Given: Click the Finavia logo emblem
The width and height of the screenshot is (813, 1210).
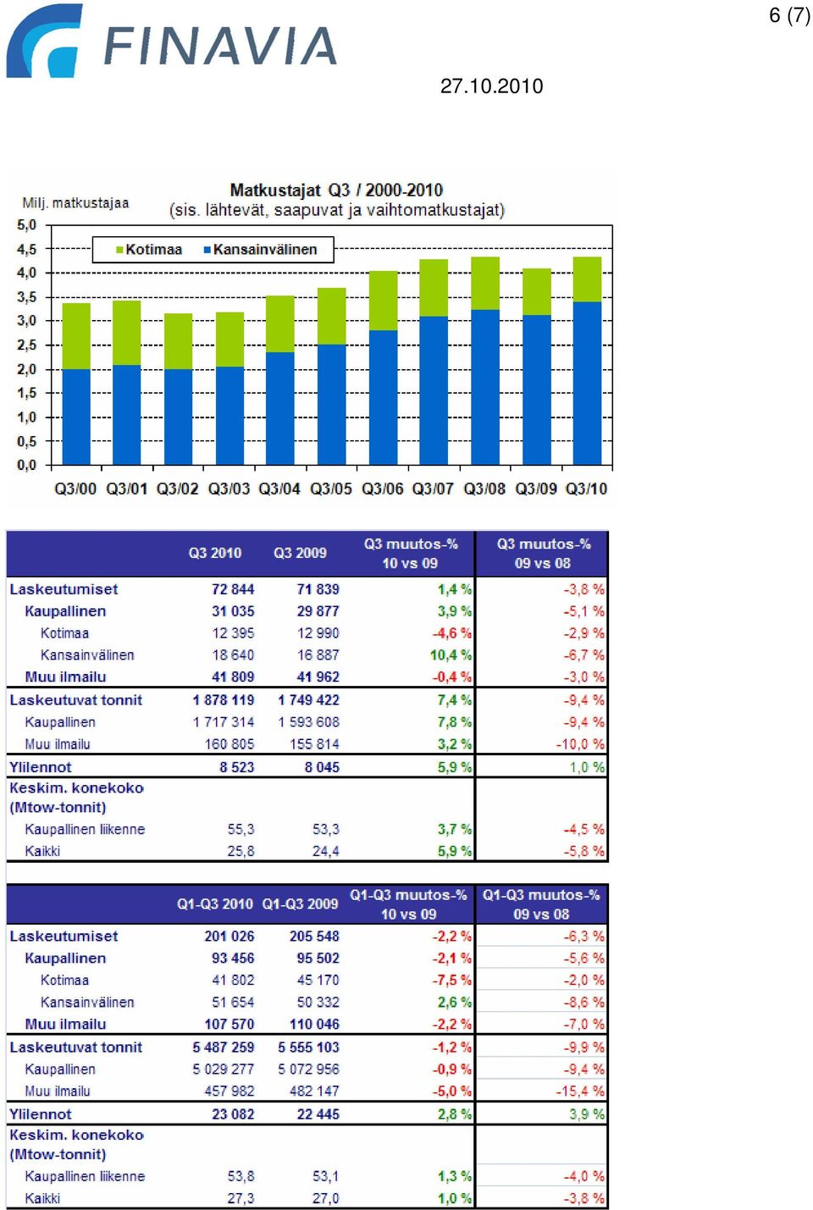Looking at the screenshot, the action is point(43,41).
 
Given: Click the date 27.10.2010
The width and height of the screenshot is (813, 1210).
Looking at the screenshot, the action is point(491,86).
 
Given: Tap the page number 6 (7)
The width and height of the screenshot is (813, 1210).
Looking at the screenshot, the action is point(789,15).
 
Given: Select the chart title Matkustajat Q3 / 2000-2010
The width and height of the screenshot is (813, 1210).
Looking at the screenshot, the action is point(336,191).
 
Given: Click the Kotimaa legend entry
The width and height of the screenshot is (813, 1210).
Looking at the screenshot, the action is point(149,250).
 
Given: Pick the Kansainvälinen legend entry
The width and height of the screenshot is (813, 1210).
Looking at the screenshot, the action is point(260,250).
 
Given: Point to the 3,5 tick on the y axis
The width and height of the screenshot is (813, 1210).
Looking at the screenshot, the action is point(26,297).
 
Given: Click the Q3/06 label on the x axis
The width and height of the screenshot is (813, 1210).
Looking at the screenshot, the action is point(382,489).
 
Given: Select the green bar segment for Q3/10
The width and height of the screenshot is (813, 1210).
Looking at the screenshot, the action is point(587,279).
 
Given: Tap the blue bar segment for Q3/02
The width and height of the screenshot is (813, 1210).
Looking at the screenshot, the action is point(178,417).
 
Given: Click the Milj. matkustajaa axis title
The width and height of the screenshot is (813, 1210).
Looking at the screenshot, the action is point(75,203).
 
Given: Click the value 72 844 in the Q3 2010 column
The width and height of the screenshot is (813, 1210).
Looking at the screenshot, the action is point(233,588).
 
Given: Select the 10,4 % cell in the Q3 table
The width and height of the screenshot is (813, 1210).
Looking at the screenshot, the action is point(451,655).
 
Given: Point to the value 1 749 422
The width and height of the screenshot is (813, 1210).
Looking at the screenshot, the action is point(308,700).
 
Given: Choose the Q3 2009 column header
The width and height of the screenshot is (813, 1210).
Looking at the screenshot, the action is point(300,553).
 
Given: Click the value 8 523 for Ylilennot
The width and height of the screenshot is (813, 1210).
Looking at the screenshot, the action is point(236,767).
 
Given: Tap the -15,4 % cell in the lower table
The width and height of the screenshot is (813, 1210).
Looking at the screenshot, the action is point(579,1091).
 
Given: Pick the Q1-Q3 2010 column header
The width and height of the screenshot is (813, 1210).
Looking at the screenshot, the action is point(215,904).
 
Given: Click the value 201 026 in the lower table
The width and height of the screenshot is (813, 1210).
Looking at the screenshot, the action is point(229,937).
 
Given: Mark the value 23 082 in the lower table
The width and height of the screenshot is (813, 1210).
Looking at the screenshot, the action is point(233,1113).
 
